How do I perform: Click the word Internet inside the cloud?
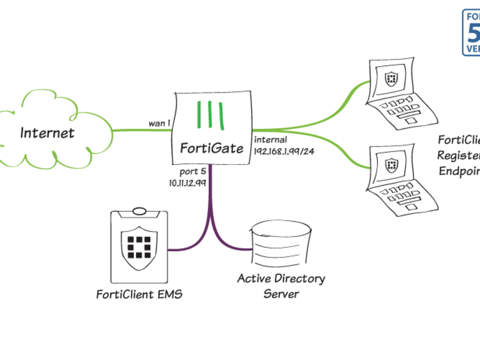pyautogui.click(x=47, y=132)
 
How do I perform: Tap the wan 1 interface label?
pyautogui.click(x=159, y=123)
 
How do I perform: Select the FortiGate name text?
pyautogui.click(x=211, y=148)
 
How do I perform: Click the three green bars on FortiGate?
pyautogui.click(x=211, y=115)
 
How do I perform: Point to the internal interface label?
pyautogui.click(x=270, y=140)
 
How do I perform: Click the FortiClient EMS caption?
pyautogui.click(x=139, y=294)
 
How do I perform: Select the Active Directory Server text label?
pyautogui.click(x=281, y=286)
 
